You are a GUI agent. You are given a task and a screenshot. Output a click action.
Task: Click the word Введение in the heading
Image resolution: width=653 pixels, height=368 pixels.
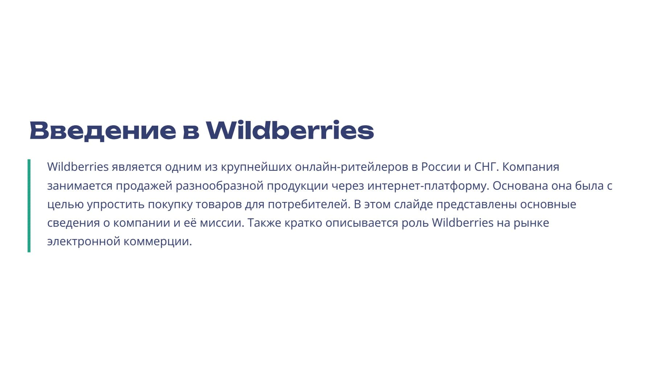103,130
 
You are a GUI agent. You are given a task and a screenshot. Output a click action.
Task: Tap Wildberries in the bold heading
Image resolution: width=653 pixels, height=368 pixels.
290,130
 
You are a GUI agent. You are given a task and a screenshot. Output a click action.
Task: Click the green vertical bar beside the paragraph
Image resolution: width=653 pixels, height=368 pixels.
29,206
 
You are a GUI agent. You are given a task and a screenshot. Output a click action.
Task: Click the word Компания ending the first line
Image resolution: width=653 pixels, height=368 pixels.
531,167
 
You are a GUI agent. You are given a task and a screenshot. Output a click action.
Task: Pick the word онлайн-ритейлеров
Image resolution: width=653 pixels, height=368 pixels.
352,167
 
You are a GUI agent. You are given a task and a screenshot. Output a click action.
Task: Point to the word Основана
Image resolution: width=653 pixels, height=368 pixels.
520,186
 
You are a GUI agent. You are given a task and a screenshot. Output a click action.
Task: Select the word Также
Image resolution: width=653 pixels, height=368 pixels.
264,223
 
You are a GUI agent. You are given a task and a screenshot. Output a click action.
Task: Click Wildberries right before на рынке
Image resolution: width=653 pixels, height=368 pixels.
463,223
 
